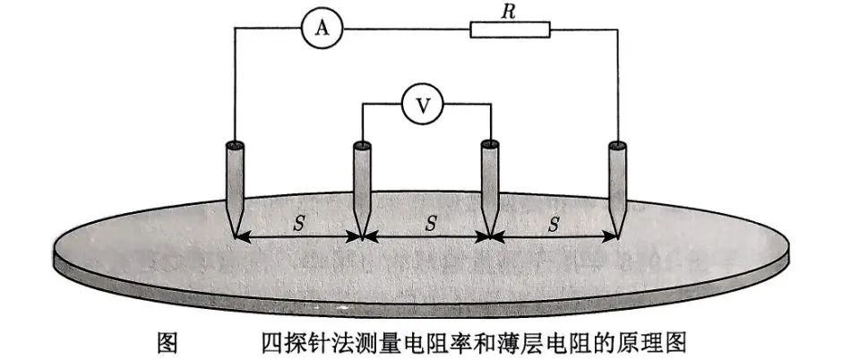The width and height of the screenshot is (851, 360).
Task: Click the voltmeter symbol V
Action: tap(418, 105)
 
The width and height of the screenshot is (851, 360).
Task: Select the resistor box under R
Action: tap(511, 30)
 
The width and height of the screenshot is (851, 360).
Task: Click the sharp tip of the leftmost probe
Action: tap(235, 236)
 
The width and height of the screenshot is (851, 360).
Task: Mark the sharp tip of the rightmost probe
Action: tap(618, 236)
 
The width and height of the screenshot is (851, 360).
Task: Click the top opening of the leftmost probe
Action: tap(235, 143)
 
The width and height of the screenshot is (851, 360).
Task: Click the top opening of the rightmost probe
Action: tap(616, 143)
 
